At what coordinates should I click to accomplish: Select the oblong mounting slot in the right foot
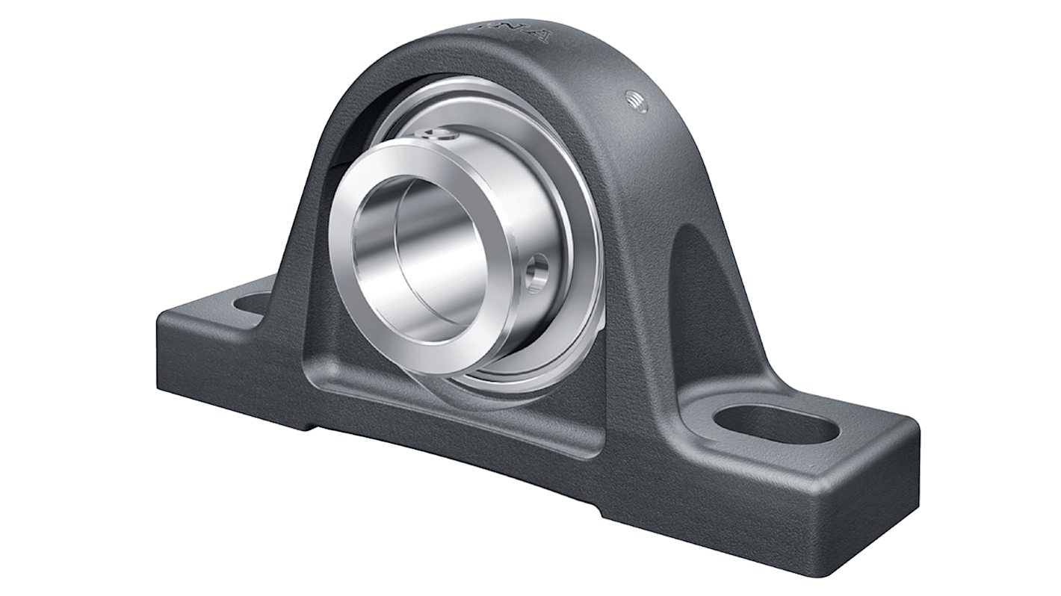(x=776, y=423)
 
